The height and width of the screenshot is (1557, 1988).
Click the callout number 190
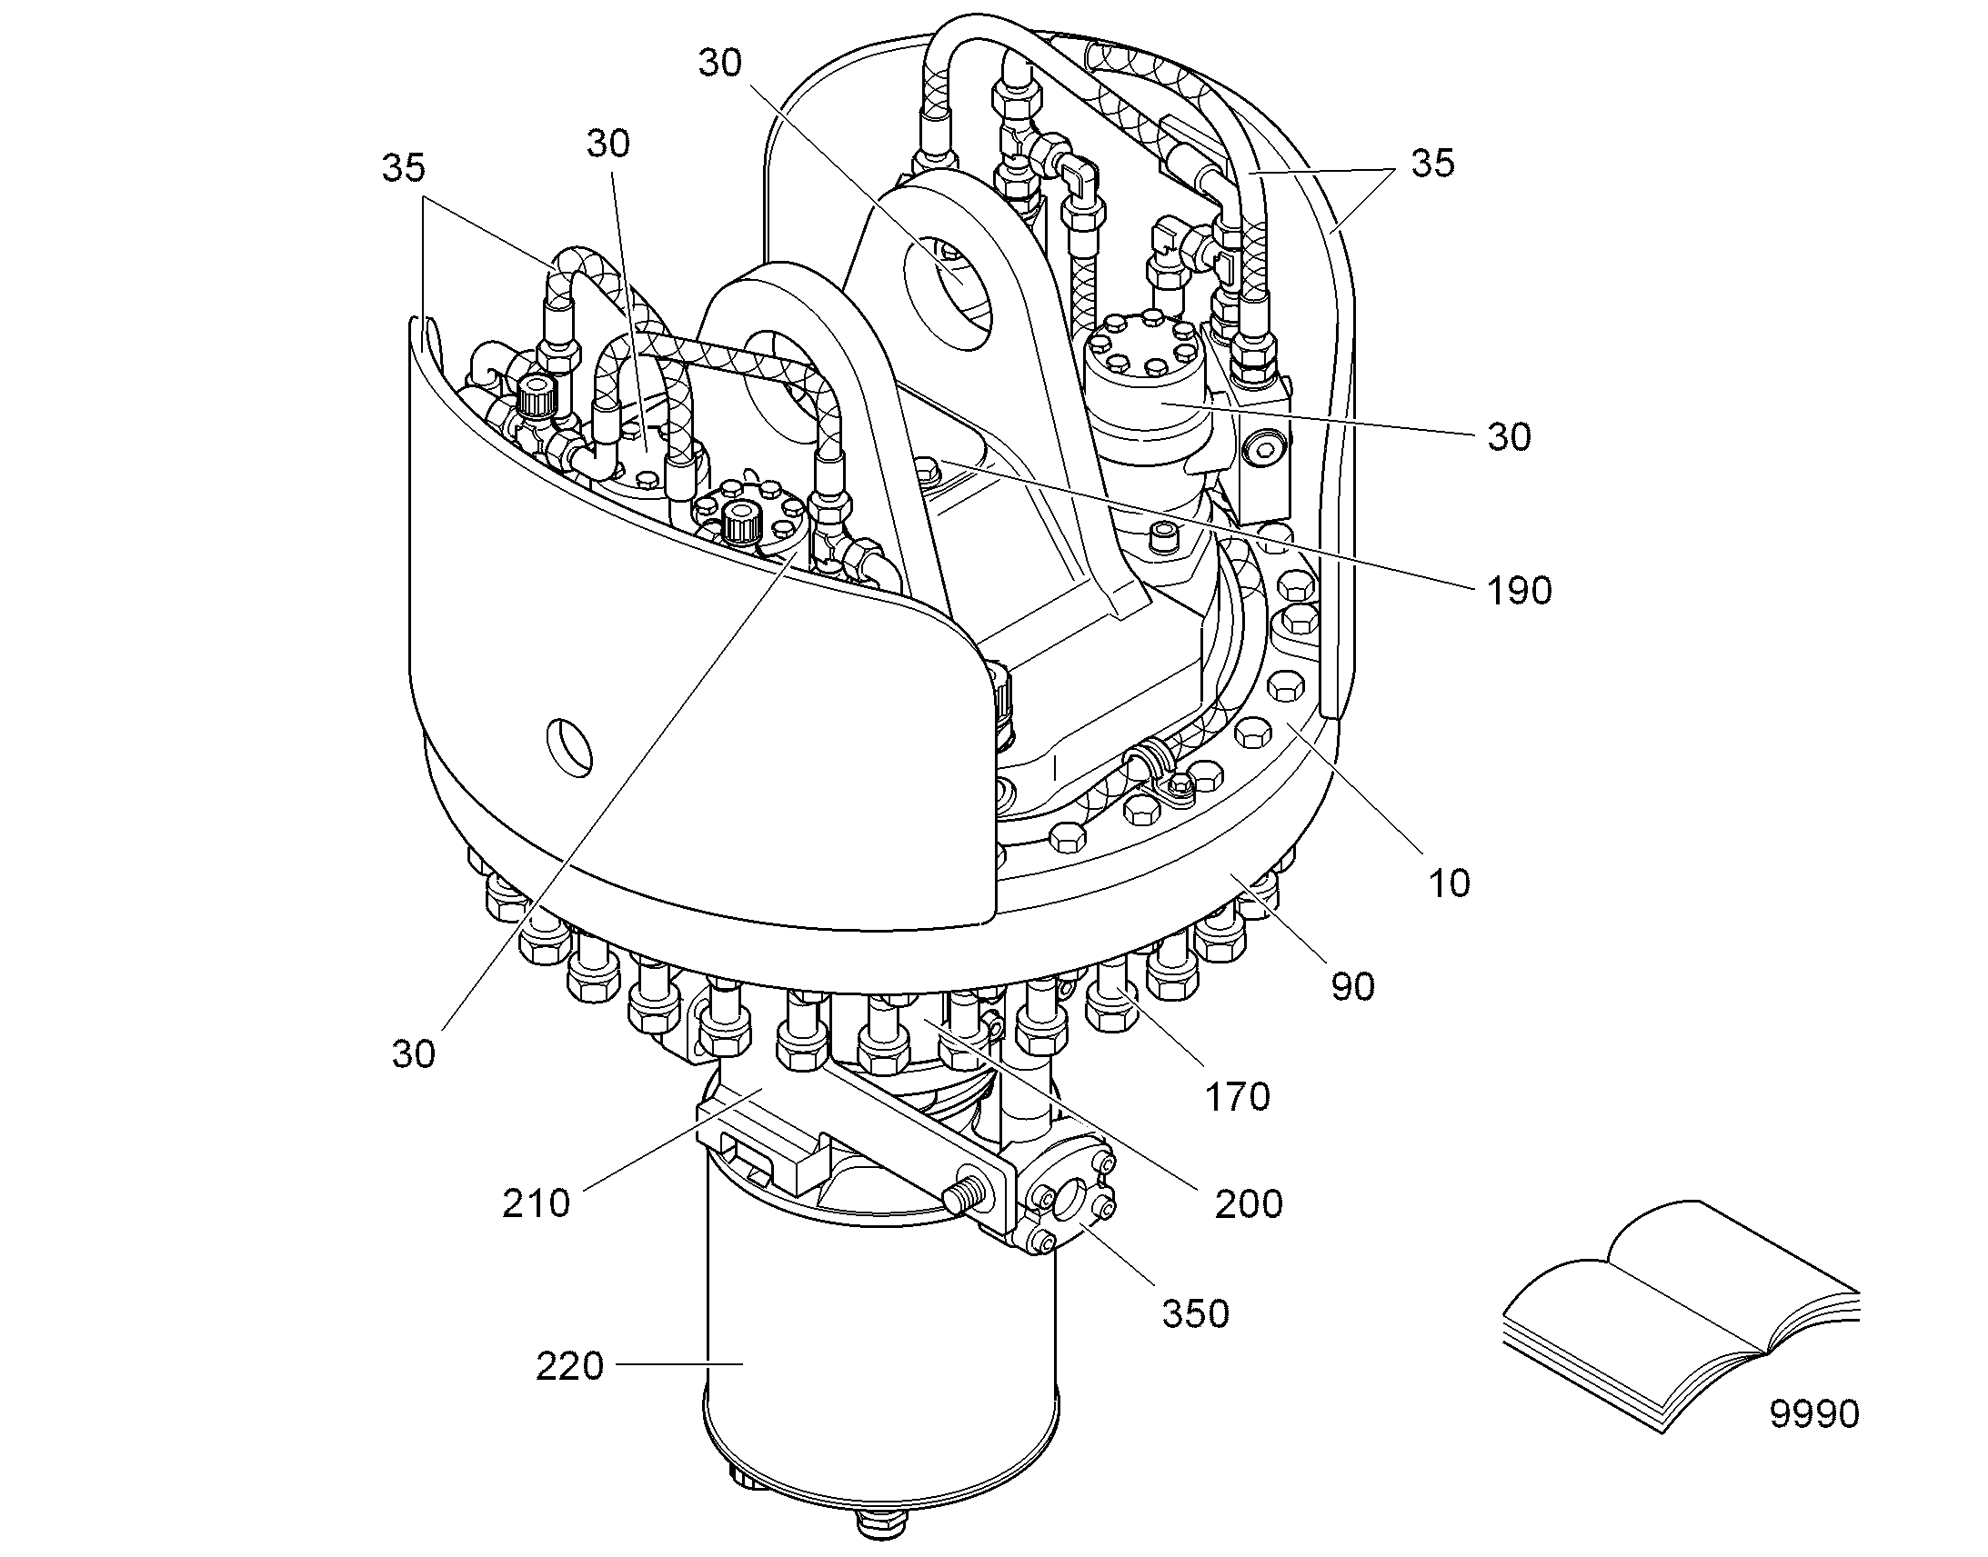click(x=1520, y=592)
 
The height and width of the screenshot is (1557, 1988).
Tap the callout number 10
click(x=1448, y=883)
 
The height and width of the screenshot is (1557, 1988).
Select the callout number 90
click(x=1352, y=986)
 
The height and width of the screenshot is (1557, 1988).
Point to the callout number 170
click(x=1238, y=1097)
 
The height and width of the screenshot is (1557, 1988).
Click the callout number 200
click(x=1249, y=1204)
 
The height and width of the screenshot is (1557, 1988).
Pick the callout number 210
click(x=537, y=1203)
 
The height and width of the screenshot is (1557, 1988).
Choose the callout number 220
click(x=569, y=1366)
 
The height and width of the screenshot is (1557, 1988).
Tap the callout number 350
click(x=1196, y=1313)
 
